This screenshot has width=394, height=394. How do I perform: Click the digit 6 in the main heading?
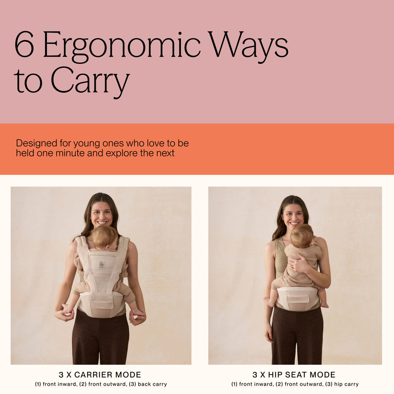[24, 44]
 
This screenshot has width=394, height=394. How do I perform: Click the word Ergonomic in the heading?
[122, 47]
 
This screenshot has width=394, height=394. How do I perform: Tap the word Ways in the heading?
[249, 47]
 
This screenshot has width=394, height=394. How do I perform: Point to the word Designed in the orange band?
[37, 143]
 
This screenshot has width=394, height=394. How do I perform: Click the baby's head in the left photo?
[104, 238]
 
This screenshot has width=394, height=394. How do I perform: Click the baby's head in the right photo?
[302, 236]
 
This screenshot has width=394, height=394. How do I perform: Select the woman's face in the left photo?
[102, 214]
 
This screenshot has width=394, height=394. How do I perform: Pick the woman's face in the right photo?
[293, 216]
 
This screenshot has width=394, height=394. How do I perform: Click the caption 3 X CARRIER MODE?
[100, 375]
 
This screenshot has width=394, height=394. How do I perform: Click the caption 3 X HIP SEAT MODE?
[294, 375]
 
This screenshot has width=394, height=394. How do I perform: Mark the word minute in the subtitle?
[70, 153]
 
